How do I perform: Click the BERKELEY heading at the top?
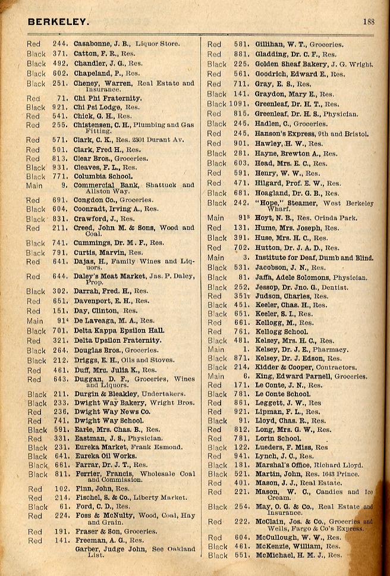point(58,22)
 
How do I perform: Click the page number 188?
point(369,22)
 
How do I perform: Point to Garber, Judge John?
point(108,549)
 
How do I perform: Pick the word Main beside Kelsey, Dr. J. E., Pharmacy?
point(216,350)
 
